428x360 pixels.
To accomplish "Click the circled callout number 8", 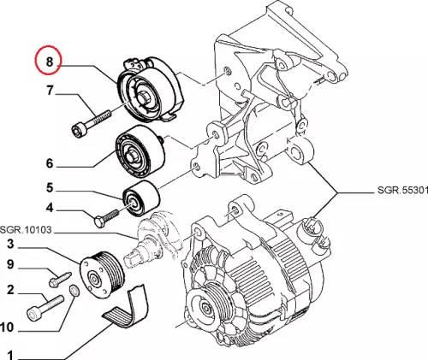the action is pos(50,61).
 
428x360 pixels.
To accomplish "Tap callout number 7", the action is pos(50,91).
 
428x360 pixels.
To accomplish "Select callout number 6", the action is pos(50,163).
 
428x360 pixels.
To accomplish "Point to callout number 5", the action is pos(50,188).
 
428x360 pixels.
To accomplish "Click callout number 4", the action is pos(50,208).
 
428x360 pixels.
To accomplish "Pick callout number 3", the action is pos(10,244).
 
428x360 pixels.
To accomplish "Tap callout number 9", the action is pos(10,264).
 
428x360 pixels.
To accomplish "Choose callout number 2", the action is pos(10,290).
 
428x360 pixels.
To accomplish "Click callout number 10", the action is pos(7,328).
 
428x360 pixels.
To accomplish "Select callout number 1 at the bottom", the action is pos(10,355).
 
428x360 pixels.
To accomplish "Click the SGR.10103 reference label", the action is pos(26,230).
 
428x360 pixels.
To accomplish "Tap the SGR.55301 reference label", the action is pos(402,190).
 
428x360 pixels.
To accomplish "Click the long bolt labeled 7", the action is pos(91,123).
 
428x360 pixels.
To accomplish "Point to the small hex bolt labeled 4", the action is pos(106,219).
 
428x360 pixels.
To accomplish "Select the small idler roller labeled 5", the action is pos(141,198).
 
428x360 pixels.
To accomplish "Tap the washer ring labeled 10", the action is pos(74,291).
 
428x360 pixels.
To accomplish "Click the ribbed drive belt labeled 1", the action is pos(126,307).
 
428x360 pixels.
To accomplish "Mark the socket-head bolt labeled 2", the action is pos(45,308).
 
